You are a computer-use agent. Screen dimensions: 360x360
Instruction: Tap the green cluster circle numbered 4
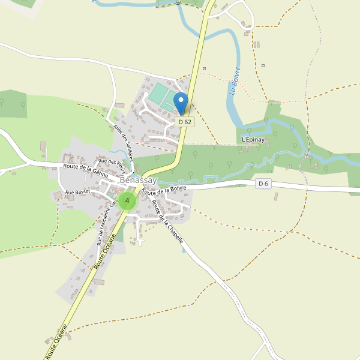point(127,200)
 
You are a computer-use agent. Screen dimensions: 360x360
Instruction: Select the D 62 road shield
point(185,122)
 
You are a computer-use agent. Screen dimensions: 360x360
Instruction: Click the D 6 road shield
point(263,183)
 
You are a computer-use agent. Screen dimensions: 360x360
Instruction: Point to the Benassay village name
point(139,180)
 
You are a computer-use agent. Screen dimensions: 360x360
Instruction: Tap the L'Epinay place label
point(253,140)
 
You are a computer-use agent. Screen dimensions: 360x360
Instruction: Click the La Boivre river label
point(234,80)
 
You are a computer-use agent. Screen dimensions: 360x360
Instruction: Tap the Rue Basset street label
point(77,192)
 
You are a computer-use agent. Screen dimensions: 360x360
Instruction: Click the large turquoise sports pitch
point(159,94)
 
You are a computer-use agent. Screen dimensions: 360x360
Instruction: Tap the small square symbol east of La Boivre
point(263,65)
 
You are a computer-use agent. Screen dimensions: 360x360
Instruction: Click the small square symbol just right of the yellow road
point(204,68)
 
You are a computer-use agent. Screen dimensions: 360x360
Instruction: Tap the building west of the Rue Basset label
point(57,195)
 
